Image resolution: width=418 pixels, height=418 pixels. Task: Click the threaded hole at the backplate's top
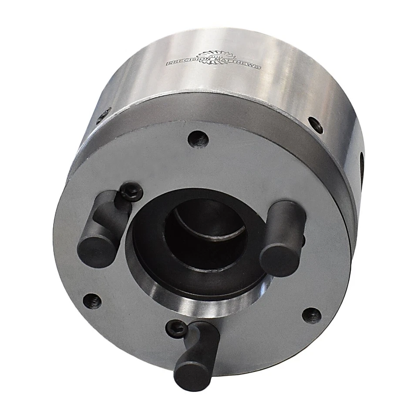199,139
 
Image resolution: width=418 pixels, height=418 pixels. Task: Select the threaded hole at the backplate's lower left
92,301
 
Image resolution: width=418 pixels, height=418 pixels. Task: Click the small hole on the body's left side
103,116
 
